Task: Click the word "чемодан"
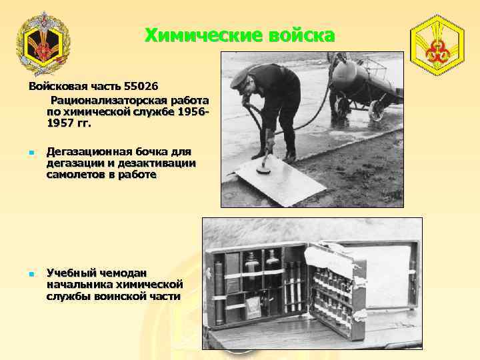tap(129, 273)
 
